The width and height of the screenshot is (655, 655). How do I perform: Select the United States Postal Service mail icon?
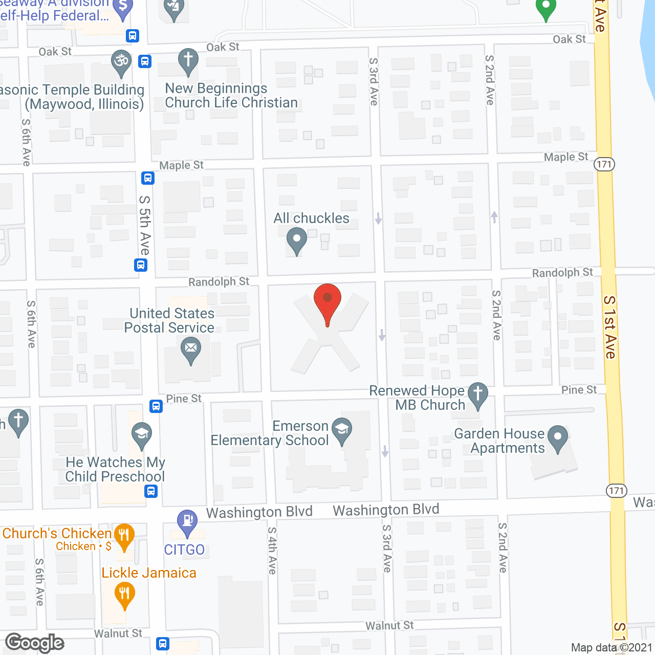pyautogui.click(x=191, y=350)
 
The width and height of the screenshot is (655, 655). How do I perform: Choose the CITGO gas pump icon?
pyautogui.click(x=187, y=522)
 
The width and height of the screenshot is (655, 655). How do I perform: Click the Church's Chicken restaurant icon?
pyautogui.click(x=124, y=535)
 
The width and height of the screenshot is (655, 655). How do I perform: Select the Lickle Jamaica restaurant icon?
pyautogui.click(x=124, y=595)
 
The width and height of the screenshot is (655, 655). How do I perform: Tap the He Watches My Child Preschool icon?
pyautogui.click(x=142, y=434)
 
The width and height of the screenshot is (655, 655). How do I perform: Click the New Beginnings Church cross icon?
pyautogui.click(x=188, y=60)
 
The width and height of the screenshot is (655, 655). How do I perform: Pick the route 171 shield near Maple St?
pyautogui.click(x=604, y=164)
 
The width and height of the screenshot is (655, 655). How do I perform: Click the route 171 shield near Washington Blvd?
pyautogui.click(x=617, y=491)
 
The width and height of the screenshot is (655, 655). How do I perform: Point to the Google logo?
pyautogui.click(x=35, y=643)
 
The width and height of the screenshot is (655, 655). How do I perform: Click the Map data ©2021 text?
pyautogui.click(x=612, y=648)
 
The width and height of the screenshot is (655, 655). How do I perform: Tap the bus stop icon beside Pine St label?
pyautogui.click(x=156, y=406)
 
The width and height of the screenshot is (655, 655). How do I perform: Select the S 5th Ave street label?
pyautogui.click(x=145, y=225)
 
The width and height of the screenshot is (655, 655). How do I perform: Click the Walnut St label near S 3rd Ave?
pyautogui.click(x=389, y=626)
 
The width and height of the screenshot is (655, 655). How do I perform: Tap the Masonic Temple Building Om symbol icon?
pyautogui.click(x=121, y=61)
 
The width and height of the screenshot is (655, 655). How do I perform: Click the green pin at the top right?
pyautogui.click(x=545, y=9)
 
